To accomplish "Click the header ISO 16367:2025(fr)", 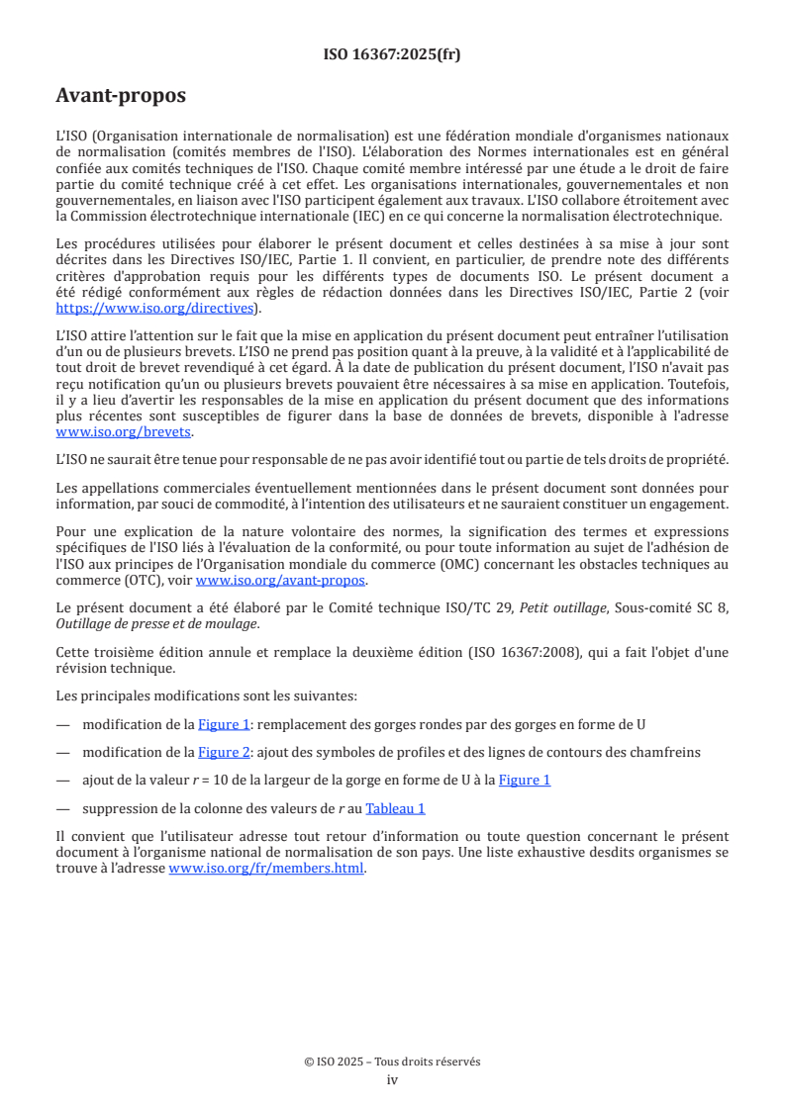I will [x=392, y=54].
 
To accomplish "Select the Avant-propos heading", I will [x=121, y=96].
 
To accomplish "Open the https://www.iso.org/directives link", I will [x=157, y=309].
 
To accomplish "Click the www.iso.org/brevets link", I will [x=124, y=432].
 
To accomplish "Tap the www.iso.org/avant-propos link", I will [x=280, y=581].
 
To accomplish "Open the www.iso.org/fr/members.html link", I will [x=266, y=869].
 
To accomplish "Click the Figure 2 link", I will [x=223, y=752].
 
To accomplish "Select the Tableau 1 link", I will [x=395, y=808].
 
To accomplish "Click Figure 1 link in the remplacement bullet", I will [x=223, y=724].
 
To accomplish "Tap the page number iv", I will [x=392, y=1079].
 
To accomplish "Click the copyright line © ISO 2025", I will [x=392, y=1062].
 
